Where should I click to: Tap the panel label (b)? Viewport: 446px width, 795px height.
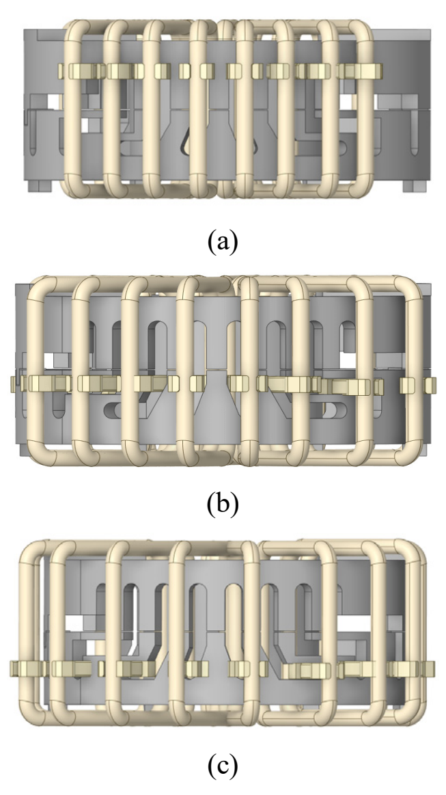click(223, 504)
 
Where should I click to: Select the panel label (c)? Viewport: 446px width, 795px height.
click(223, 768)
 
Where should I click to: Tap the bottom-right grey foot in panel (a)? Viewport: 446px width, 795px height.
click(415, 186)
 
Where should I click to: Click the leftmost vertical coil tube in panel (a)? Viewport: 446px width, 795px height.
click(72, 109)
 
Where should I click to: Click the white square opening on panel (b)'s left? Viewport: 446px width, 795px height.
click(49, 361)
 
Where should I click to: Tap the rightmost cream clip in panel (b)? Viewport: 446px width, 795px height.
click(430, 386)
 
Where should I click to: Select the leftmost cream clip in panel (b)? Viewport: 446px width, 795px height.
click(14, 384)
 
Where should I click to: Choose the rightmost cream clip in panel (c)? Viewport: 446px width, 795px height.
click(430, 669)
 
